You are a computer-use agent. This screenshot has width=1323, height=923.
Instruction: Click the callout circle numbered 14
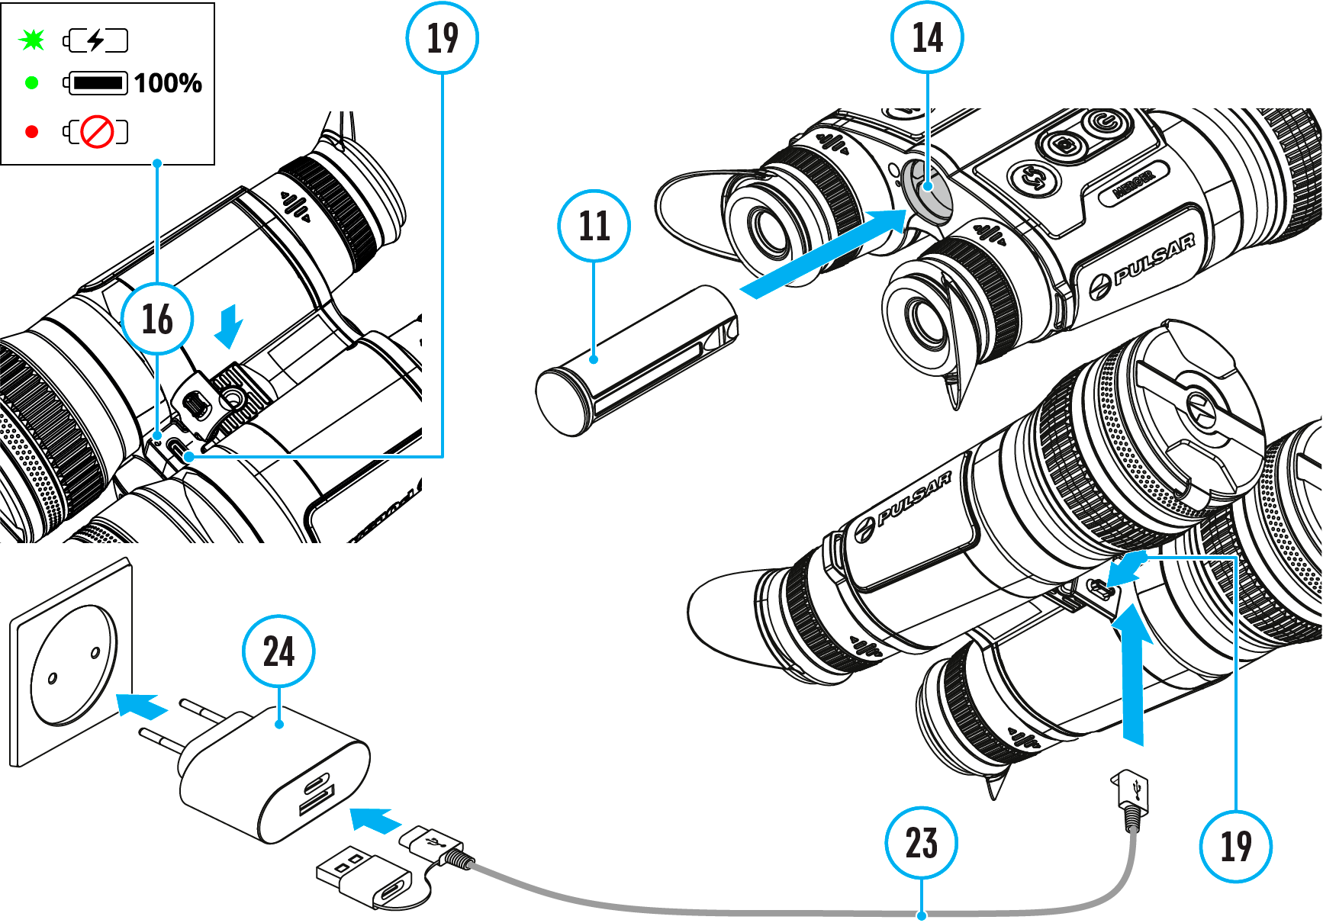(927, 37)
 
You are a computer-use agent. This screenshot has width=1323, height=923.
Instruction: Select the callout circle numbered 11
(594, 226)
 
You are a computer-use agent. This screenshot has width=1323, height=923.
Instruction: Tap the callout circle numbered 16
(157, 319)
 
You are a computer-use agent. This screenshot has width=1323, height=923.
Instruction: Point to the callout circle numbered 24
(278, 651)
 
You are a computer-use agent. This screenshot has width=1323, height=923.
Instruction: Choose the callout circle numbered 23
(921, 843)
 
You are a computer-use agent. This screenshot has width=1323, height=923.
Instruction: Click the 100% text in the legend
(168, 83)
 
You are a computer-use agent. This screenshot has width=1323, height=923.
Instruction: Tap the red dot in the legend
(32, 132)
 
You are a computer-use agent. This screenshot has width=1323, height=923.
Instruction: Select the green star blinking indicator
(33, 40)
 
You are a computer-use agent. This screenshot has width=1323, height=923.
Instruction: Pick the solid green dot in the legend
(32, 83)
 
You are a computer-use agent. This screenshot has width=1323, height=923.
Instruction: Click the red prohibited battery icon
(97, 132)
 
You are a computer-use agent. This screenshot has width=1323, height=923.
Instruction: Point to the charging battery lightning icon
(96, 40)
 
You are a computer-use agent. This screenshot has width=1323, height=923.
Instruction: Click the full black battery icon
(97, 83)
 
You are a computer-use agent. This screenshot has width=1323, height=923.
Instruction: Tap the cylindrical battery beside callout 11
(637, 361)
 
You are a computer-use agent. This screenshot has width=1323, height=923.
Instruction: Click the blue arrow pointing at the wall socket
(142, 706)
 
